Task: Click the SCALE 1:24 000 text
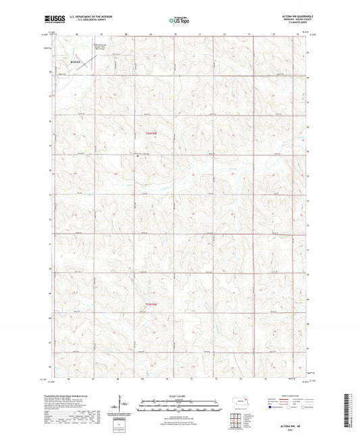click(x=180, y=396)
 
